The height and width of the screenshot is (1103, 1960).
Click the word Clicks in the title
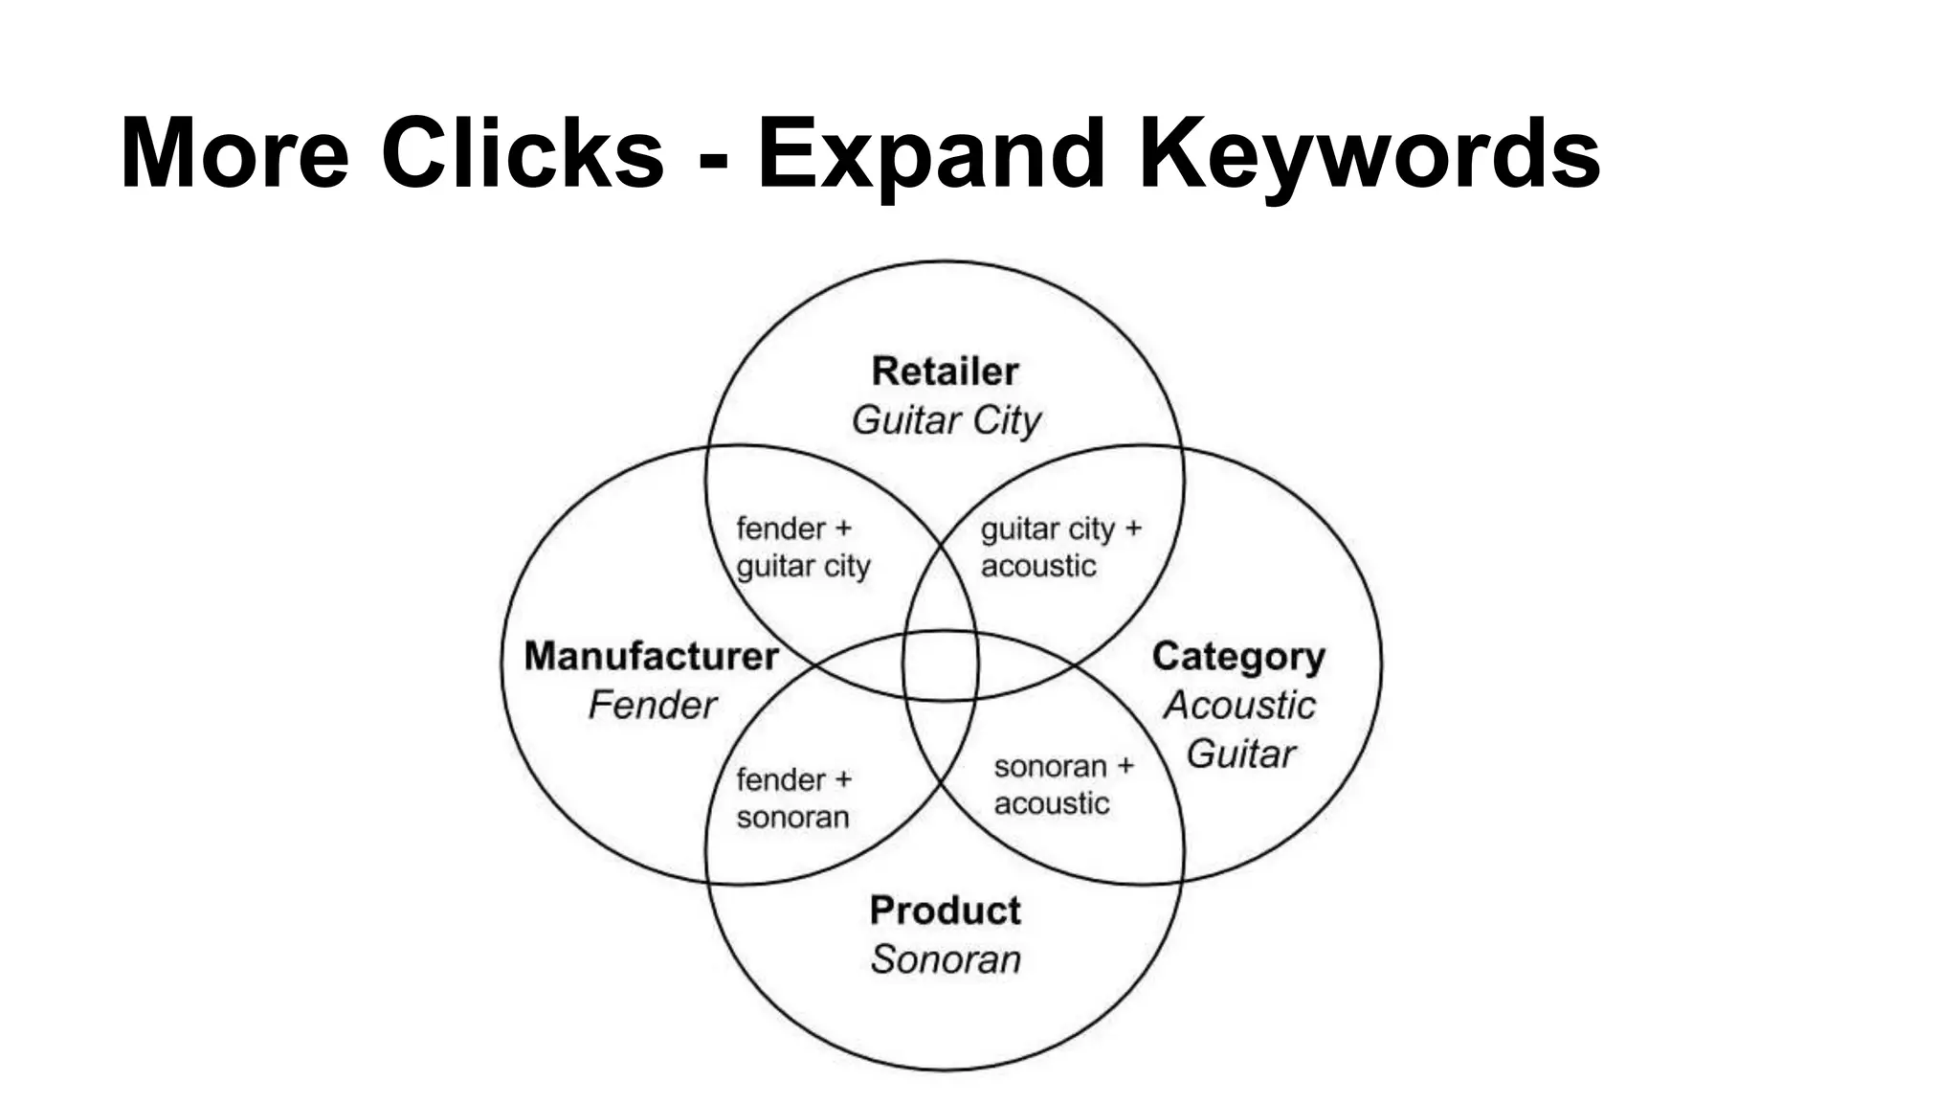[x=522, y=153]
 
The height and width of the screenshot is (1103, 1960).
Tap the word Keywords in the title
[x=1369, y=153]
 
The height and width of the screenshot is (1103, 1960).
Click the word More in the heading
[x=234, y=153]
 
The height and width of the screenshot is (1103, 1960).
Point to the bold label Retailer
[x=945, y=371]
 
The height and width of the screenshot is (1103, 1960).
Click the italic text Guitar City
[x=946, y=420]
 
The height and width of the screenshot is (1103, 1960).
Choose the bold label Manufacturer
[x=651, y=657]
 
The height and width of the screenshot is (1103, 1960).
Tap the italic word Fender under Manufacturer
[x=652, y=706]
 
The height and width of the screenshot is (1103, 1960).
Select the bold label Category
[x=1238, y=657]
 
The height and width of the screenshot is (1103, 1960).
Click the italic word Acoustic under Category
[x=1239, y=706]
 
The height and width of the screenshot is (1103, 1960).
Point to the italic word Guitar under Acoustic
[x=1240, y=754]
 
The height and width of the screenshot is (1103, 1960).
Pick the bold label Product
[x=945, y=911]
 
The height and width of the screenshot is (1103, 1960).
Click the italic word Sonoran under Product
[x=946, y=959]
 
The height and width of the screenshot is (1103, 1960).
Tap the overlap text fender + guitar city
[x=802, y=548]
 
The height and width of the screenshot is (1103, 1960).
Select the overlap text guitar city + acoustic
[x=1059, y=548]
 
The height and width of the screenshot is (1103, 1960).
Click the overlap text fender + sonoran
[x=793, y=799]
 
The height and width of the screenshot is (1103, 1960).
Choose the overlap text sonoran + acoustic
[x=1062, y=785]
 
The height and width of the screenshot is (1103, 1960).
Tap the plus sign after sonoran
[x=1125, y=766]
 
